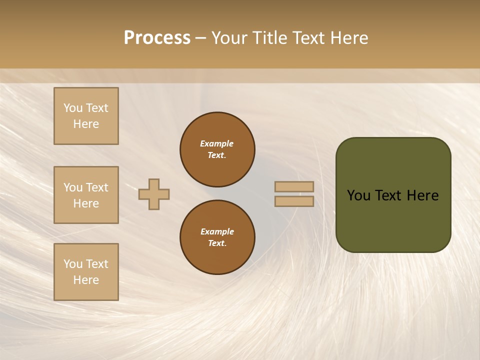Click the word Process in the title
[x=157, y=38]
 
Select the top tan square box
[x=86, y=116]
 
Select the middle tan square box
[x=86, y=195]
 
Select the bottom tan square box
[x=86, y=272]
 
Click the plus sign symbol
[x=154, y=194]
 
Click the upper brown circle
[x=217, y=149]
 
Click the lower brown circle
[x=217, y=237]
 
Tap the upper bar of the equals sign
[x=294, y=186]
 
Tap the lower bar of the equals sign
[x=294, y=201]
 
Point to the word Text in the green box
[x=389, y=195]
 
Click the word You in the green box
[x=358, y=195]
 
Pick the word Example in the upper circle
[x=216, y=143]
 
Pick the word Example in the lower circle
[x=217, y=231]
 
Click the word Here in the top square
[x=86, y=124]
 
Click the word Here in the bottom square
[x=86, y=280]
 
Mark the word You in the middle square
[x=73, y=187]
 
